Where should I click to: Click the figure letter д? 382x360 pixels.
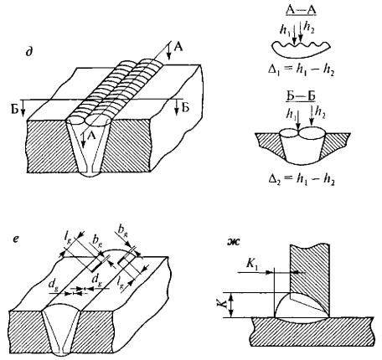(x=28, y=53)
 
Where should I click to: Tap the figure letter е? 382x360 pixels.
(x=16, y=239)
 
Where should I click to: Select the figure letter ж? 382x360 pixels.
(x=234, y=242)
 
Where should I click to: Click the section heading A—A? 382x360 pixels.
(x=301, y=10)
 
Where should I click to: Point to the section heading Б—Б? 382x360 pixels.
(x=301, y=95)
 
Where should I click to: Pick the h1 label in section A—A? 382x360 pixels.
(x=284, y=30)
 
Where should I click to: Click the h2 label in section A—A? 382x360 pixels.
(x=309, y=28)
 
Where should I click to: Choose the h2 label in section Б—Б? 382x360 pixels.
(x=320, y=113)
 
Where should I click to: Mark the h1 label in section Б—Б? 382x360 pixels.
(x=292, y=114)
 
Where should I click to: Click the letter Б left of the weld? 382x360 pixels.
(x=14, y=110)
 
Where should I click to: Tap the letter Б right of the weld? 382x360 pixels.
(x=185, y=107)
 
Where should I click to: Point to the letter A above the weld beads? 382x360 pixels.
(x=178, y=47)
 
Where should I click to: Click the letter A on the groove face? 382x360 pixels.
(x=91, y=136)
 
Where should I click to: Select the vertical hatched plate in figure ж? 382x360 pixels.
(x=310, y=278)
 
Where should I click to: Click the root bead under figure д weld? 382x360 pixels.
(x=90, y=173)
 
